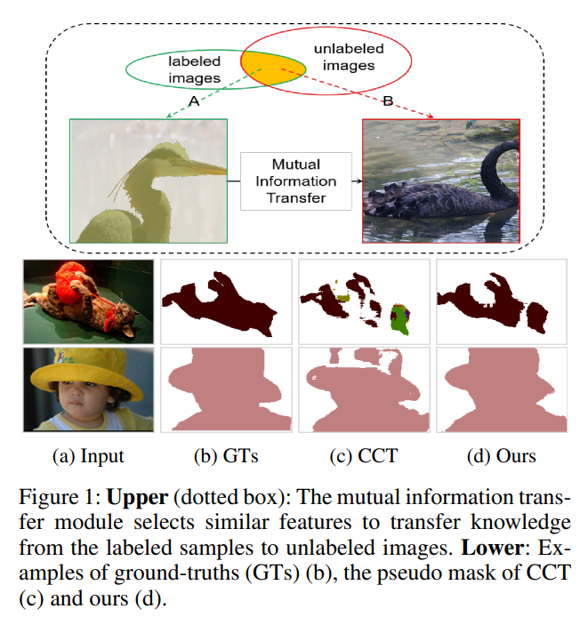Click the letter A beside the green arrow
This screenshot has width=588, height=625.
194,102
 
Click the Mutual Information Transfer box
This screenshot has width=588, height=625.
296,180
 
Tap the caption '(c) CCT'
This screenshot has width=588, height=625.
363,457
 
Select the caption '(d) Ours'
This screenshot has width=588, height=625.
501,457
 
